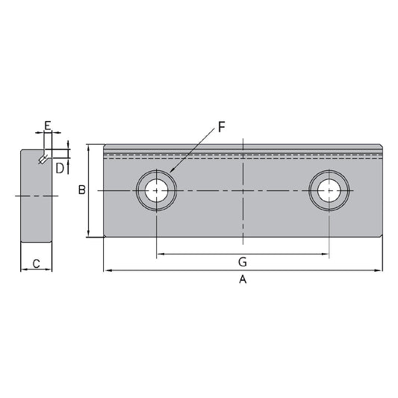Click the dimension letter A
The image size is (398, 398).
click(x=242, y=280)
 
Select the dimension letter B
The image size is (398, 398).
click(x=82, y=190)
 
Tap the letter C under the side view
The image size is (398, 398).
click(x=36, y=263)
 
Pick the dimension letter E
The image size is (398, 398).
click(x=47, y=125)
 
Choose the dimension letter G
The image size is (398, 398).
click(x=242, y=262)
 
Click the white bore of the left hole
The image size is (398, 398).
click(x=156, y=190)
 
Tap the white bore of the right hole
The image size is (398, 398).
click(x=329, y=190)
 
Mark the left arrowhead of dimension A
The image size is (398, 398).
click(x=106, y=270)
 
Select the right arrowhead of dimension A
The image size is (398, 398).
click(x=379, y=270)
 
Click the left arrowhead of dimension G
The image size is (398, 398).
click(x=159, y=255)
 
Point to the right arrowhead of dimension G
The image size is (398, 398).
click(x=326, y=255)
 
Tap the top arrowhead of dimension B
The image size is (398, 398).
click(x=90, y=147)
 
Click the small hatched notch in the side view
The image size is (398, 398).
click(x=43, y=158)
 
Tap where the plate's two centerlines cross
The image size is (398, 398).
click(x=243, y=190)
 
